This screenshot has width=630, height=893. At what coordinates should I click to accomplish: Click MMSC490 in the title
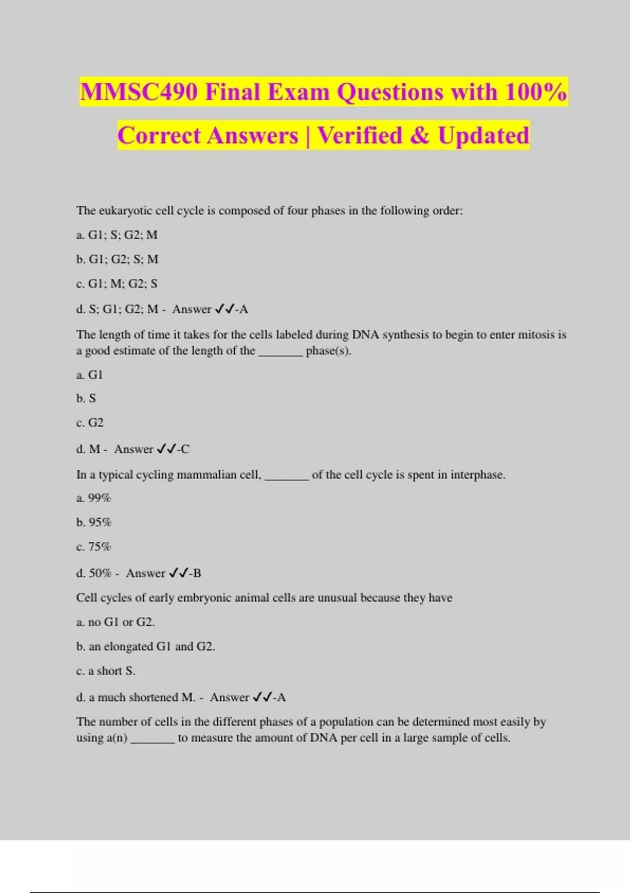click(x=139, y=92)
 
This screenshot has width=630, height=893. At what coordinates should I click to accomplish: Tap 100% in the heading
click(x=536, y=92)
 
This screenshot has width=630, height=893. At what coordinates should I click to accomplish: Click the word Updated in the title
click(x=484, y=136)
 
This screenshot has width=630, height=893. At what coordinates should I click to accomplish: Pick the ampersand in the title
click(x=419, y=136)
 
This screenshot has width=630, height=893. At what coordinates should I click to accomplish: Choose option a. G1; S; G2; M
click(x=117, y=235)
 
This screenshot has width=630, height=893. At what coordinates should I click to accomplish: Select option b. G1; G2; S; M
click(x=117, y=259)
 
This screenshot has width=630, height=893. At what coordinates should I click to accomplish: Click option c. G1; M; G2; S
click(x=117, y=284)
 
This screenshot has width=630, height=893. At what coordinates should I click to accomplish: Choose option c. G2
click(x=90, y=423)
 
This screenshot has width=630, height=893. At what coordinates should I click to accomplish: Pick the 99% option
click(x=94, y=498)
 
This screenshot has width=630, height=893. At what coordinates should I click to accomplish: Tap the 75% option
click(x=94, y=547)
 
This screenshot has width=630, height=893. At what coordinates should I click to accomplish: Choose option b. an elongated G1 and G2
click(x=145, y=647)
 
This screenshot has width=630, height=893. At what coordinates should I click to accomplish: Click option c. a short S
click(x=106, y=671)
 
